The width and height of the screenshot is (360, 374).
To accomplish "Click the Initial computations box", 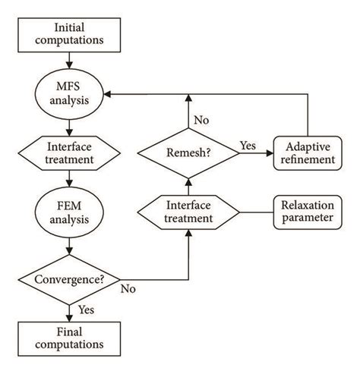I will (69, 31).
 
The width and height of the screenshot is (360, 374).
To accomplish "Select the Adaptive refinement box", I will (307, 152).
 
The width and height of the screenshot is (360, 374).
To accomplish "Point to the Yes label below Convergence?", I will (86, 309).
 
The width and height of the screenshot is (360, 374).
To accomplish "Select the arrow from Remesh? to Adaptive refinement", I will (252, 152).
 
